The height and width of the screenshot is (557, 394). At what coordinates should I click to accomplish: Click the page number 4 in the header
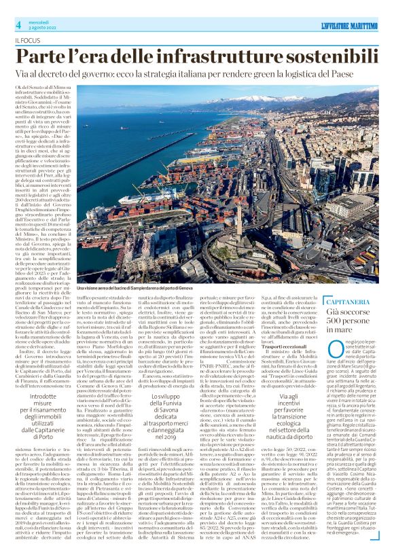coord(18,25)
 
